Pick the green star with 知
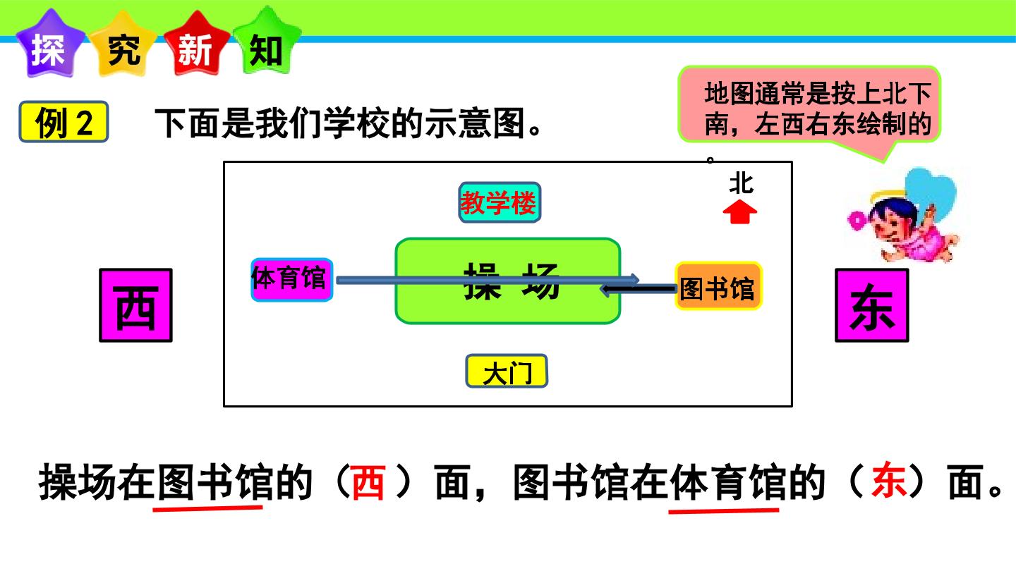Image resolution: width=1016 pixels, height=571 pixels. [267, 44]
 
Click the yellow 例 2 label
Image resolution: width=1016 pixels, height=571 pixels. [64, 122]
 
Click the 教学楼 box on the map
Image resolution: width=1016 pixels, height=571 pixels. [500, 202]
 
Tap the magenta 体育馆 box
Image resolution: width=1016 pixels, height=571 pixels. [291, 280]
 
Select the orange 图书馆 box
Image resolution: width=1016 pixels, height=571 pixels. [718, 286]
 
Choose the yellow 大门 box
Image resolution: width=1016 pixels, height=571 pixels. [507, 371]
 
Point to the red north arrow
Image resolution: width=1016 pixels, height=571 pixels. [739, 213]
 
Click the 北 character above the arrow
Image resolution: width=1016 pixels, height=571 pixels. [741, 184]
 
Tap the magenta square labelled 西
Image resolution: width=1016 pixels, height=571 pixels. [135, 305]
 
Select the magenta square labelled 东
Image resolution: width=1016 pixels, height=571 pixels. [872, 305]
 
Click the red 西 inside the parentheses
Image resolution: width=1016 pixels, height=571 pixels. [368, 482]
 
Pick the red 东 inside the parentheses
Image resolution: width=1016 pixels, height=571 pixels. [888, 480]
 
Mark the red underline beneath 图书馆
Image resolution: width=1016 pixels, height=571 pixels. [207, 508]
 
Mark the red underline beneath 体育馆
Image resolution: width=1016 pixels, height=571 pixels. [724, 511]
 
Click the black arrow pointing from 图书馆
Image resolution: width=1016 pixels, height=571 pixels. [638, 289]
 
